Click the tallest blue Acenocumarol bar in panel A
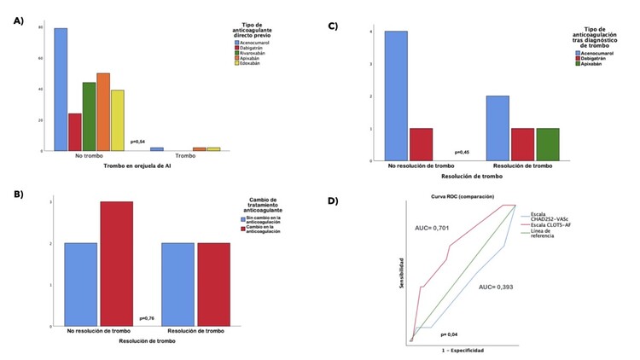61,90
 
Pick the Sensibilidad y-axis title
401,272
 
